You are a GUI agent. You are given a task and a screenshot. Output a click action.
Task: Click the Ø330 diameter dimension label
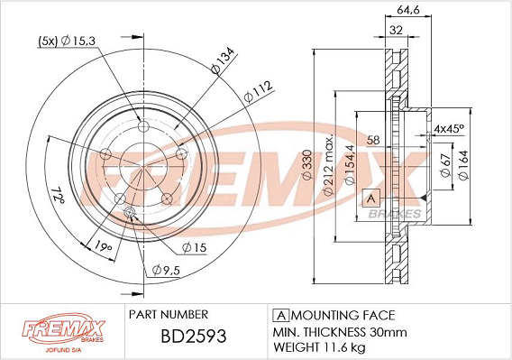[x=308, y=165]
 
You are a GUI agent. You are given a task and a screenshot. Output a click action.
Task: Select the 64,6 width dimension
[x=407, y=10]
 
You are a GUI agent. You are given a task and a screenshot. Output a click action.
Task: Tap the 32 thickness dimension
[x=396, y=30]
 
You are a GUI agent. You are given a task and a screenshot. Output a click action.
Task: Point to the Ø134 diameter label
[x=223, y=60]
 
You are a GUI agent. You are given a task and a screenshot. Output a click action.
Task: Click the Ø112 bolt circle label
[x=258, y=91]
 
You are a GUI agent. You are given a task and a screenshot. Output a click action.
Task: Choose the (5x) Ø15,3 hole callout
[x=67, y=41]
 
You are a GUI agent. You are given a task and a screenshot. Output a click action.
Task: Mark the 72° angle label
[x=58, y=195]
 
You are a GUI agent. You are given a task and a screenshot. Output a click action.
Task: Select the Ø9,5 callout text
[x=166, y=270]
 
